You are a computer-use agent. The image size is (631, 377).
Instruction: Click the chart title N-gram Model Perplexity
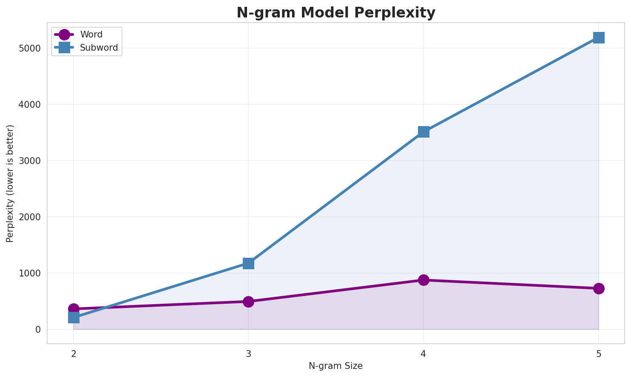(x=336, y=13)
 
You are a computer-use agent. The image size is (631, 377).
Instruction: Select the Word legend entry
(x=91, y=35)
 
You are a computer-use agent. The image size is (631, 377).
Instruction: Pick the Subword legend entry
(x=99, y=48)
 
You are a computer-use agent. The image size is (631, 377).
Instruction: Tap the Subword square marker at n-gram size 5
(x=599, y=37)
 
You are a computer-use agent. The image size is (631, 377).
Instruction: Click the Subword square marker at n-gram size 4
(x=424, y=132)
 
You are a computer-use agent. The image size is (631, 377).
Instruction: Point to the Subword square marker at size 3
(x=249, y=263)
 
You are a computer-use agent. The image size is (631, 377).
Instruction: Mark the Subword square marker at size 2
(x=74, y=317)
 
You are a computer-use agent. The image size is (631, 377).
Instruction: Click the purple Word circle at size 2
(x=74, y=308)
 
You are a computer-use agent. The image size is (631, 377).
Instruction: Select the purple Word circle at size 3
(x=249, y=302)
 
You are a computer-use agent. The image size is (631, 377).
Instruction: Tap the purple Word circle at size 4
(x=424, y=280)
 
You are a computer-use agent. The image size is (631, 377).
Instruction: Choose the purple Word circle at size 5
(x=599, y=288)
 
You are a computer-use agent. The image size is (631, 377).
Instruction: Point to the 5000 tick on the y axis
(x=30, y=48)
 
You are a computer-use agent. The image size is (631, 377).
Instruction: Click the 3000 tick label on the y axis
(x=30, y=161)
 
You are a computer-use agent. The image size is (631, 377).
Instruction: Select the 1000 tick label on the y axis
(x=30, y=273)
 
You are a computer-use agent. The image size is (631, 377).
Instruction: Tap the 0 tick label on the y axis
(x=38, y=329)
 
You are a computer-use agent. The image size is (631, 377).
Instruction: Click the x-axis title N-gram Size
(x=335, y=366)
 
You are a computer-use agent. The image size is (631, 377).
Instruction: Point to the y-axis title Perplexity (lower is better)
(x=10, y=183)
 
